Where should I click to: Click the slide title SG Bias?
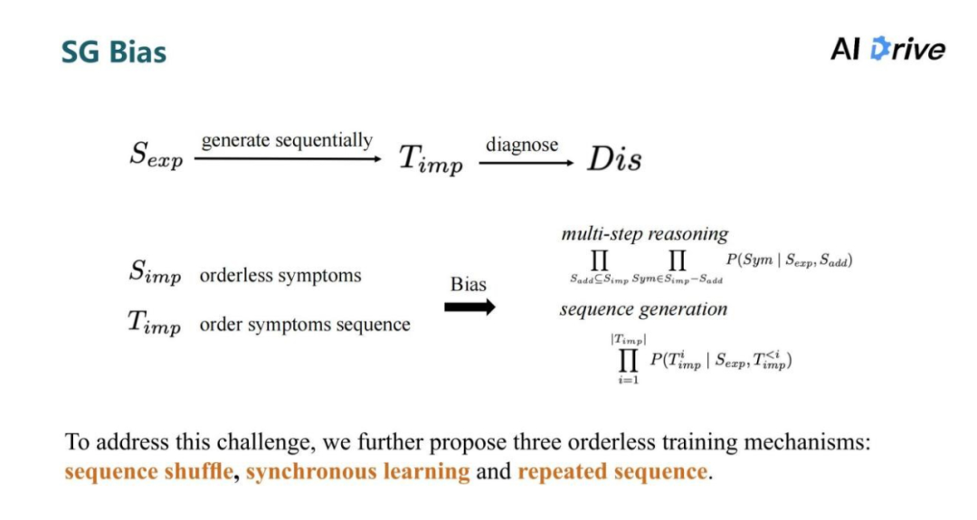point(114,52)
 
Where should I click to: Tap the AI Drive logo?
point(887,49)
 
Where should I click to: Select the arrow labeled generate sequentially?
point(287,159)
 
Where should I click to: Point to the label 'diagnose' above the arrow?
point(522,144)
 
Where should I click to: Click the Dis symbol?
point(614,159)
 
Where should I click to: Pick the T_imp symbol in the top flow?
point(431,159)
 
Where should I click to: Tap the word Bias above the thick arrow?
point(469,284)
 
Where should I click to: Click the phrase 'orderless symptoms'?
point(280,275)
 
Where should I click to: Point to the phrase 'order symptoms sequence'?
point(305,324)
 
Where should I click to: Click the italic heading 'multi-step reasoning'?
point(644,233)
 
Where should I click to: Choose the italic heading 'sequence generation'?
point(643,309)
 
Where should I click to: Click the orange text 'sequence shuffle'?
point(148,471)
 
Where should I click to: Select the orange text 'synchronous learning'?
point(357,471)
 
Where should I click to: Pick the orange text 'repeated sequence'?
point(612,471)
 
